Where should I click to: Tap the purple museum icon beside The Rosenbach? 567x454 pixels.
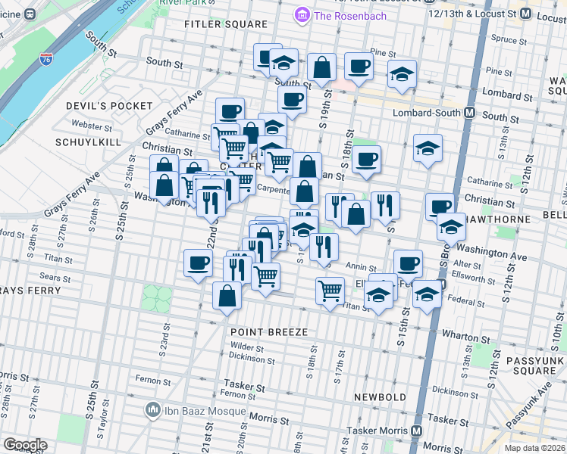point(302,15)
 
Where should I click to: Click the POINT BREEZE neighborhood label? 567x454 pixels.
point(269,333)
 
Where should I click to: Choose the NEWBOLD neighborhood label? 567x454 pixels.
point(379,397)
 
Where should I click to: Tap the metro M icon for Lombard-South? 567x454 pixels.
point(469,113)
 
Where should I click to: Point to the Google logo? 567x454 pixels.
point(25,445)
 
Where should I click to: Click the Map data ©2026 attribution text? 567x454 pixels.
point(534,448)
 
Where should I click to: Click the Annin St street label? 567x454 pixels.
point(361,266)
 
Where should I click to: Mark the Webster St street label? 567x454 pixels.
point(86,125)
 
